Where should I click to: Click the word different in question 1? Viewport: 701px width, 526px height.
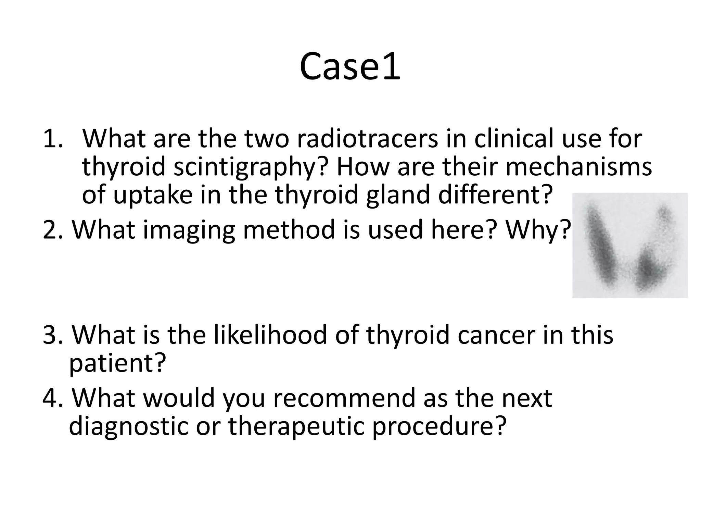(x=495, y=194)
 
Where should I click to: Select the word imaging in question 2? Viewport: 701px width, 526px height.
(x=189, y=230)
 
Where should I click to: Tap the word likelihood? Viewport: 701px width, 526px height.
(x=270, y=335)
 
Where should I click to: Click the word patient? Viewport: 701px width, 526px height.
(x=117, y=363)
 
